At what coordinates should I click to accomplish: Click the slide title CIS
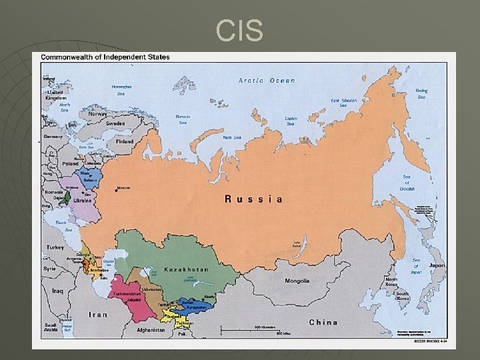tap(240, 30)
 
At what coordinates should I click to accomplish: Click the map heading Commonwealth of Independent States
tap(105, 57)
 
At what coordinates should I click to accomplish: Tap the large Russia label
tap(253, 199)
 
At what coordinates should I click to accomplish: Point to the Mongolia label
tap(297, 281)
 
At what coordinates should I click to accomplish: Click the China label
tap(323, 322)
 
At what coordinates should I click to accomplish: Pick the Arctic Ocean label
tap(267, 81)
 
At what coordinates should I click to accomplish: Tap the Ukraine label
tap(83, 201)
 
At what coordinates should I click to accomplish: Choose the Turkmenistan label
tap(126, 293)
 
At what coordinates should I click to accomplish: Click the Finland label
tap(123, 141)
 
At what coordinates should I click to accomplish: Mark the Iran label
tap(98, 314)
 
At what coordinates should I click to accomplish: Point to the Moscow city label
tap(123, 188)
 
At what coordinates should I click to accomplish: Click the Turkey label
tap(55, 247)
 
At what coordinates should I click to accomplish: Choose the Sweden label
tap(115, 124)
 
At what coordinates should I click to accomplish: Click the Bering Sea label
tap(421, 94)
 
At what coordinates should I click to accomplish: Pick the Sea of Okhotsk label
tap(407, 184)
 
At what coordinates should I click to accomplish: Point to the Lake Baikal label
tap(297, 244)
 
